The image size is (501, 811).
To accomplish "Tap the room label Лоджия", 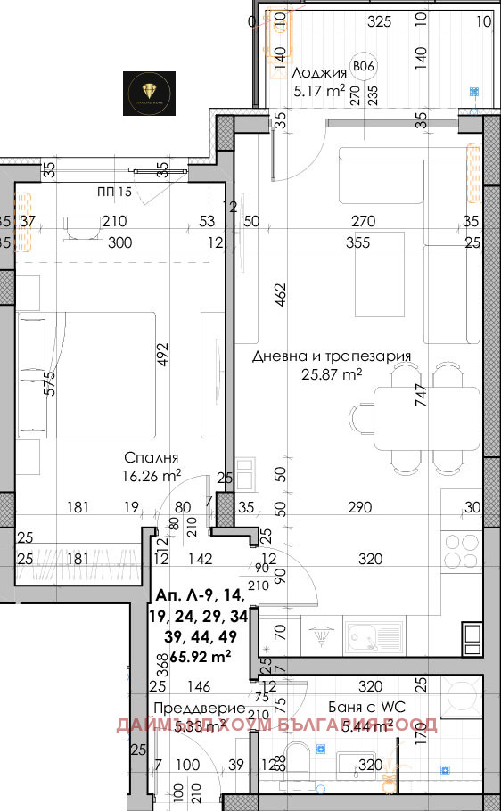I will click(x=315, y=73).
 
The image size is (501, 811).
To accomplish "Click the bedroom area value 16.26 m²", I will click(x=152, y=475).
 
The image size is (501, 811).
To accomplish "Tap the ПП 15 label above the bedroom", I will click(x=113, y=192).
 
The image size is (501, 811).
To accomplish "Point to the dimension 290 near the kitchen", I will click(x=360, y=509).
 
